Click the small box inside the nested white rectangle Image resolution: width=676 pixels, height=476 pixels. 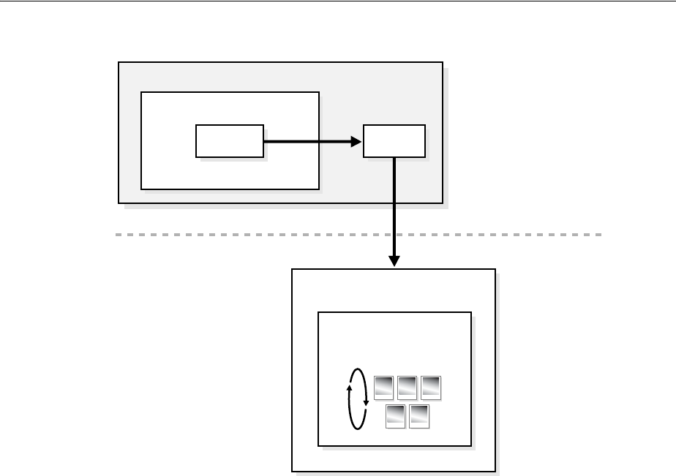click(229, 140)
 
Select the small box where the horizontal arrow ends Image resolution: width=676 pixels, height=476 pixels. click(394, 140)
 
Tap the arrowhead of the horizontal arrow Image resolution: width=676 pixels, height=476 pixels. click(357, 141)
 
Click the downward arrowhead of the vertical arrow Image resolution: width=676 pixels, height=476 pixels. click(394, 261)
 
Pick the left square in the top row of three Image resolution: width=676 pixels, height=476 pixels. click(384, 388)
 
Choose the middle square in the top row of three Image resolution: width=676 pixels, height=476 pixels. click(408, 388)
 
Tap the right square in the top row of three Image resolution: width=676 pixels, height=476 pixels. click(431, 388)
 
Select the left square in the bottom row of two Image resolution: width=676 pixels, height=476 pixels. click(396, 415)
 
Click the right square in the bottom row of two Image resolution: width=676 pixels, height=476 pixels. click(419, 415)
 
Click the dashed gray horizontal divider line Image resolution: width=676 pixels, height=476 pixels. click(219, 235)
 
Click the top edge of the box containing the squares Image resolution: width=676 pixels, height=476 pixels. click(394, 312)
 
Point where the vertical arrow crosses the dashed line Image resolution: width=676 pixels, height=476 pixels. click(394, 235)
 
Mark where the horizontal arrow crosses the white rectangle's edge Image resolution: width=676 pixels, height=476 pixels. click(319, 141)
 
